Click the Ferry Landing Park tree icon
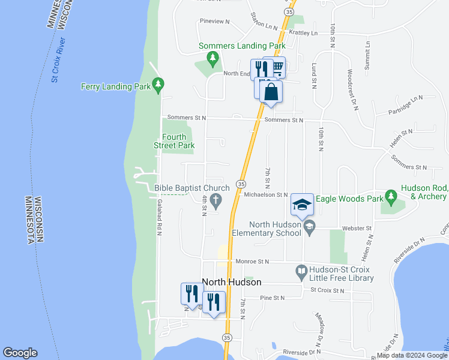tap(158, 86)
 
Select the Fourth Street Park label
tap(178, 141)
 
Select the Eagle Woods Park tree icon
tap(391, 195)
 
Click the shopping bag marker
tap(271, 93)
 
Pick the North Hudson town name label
tap(232, 282)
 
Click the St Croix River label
tap(58, 60)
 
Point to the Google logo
tap(20, 353)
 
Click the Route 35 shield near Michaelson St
tap(241, 184)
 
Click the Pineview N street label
tap(215, 22)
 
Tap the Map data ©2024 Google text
tap(411, 355)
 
